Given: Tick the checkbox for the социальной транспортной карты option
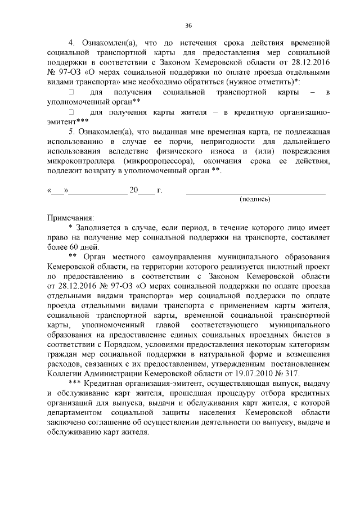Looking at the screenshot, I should (71, 91).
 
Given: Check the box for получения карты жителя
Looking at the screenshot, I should (71, 112).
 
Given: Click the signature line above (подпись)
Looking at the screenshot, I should (255, 193).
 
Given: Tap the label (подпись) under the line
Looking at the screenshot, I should (255, 199).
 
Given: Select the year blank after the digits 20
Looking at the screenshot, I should (146, 191).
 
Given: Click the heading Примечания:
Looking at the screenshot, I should (71, 217).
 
